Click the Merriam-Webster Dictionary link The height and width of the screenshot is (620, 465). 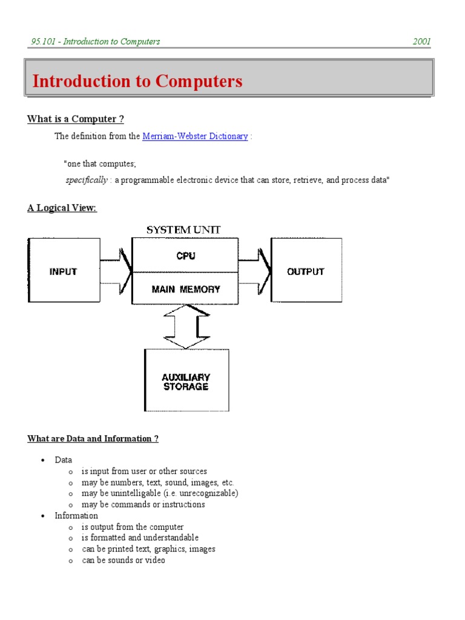[195, 136]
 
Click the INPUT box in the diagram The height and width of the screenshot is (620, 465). [64, 271]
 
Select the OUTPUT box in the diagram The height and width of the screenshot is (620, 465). [306, 271]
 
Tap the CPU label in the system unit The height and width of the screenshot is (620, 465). [185, 256]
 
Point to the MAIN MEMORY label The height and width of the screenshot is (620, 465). [185, 289]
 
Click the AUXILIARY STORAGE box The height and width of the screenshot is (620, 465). [186, 381]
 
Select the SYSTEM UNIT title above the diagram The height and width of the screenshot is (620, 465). [184, 230]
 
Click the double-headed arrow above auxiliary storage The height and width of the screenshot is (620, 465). [187, 326]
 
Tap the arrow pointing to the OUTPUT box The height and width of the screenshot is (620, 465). [254, 271]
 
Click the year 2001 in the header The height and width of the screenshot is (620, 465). [421, 42]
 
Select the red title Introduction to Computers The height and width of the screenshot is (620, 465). [137, 81]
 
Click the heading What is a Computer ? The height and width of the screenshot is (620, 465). [76, 119]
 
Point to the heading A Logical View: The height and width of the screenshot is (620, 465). [62, 208]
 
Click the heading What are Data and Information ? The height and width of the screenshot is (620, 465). [93, 438]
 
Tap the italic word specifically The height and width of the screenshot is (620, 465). [87, 180]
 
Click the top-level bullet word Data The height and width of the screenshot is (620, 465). [63, 460]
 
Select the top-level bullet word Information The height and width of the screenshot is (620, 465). [76, 516]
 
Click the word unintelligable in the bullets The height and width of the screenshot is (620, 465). [140, 493]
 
